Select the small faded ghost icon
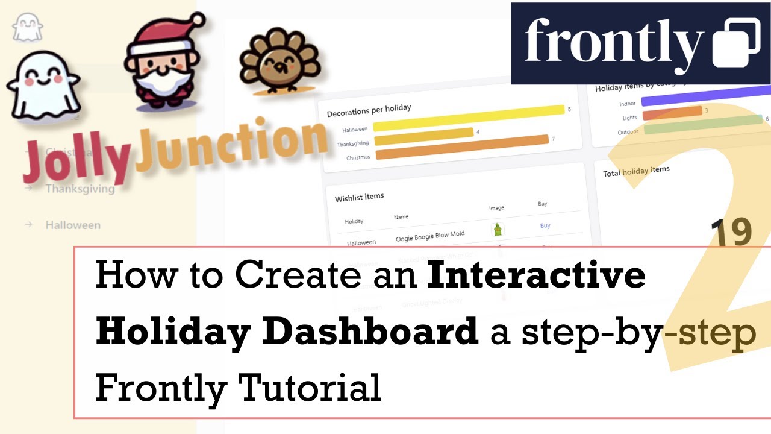27,28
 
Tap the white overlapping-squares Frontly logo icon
736,43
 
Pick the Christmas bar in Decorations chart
461,148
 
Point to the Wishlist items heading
359,196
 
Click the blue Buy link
545,225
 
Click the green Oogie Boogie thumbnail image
498,229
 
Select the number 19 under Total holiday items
731,233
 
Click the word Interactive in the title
536,276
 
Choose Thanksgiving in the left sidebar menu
80,189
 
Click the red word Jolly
75,159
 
